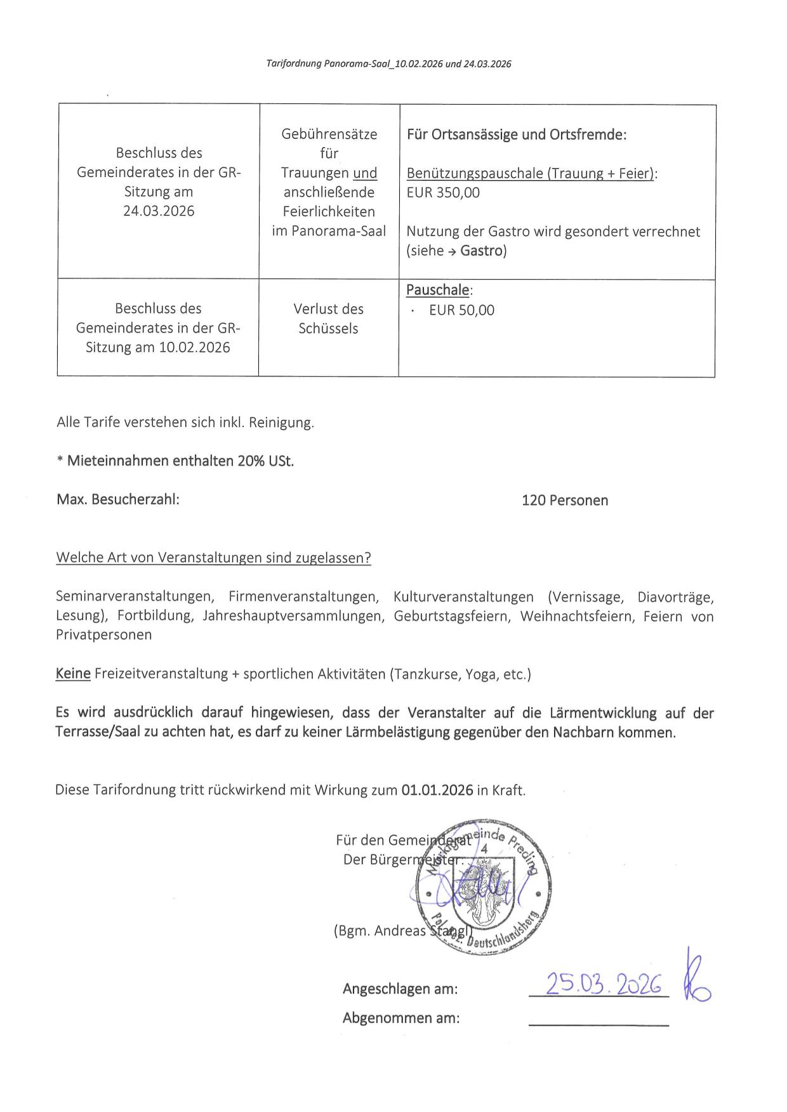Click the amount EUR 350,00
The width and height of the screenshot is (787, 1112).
[x=443, y=193]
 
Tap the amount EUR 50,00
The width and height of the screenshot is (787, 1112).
[x=461, y=310]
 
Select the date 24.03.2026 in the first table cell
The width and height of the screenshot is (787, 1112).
[x=159, y=211]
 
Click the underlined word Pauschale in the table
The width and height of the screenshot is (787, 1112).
[x=438, y=290]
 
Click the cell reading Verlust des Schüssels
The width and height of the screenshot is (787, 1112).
[x=328, y=318]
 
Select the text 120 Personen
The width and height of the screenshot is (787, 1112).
[x=564, y=500]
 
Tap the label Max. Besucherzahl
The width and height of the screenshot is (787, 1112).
[x=118, y=500]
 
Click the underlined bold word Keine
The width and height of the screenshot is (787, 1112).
[x=73, y=674]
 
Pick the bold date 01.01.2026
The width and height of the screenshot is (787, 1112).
[x=437, y=790]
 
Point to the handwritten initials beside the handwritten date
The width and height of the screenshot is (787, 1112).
[x=696, y=978]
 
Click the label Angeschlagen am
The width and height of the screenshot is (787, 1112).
[x=400, y=989]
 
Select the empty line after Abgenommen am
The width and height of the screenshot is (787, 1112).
[x=599, y=1024]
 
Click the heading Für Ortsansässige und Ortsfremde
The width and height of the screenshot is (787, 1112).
[x=516, y=134]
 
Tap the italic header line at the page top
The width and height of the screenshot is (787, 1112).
[x=388, y=64]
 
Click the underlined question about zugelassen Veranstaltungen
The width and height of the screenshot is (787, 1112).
[x=213, y=558]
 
